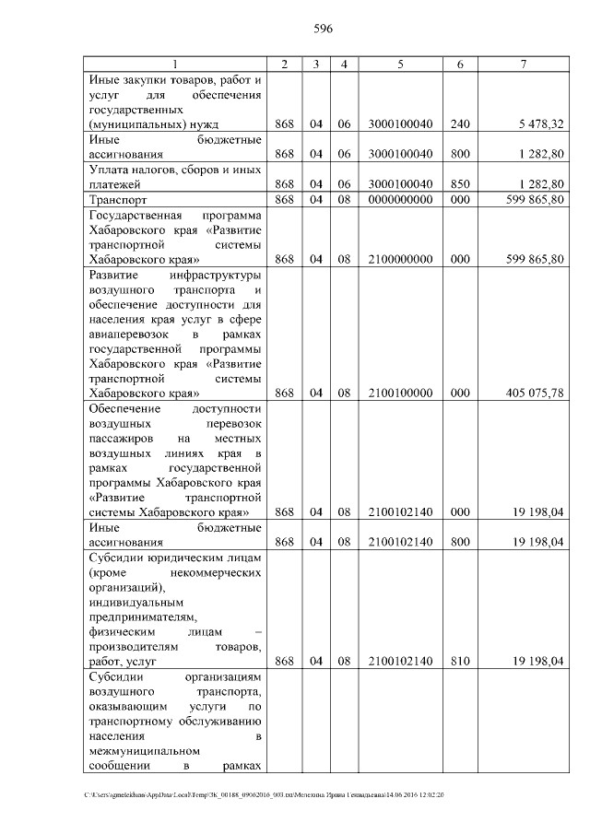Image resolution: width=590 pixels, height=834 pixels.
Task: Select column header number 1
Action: [175, 64]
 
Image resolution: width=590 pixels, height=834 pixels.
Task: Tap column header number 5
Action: [400, 64]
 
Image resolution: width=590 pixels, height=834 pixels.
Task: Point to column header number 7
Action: [524, 64]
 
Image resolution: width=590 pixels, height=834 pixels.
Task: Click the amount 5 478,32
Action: [541, 123]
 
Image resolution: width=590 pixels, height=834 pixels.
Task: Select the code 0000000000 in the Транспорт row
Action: [400, 199]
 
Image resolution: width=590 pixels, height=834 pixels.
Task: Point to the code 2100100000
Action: [400, 394]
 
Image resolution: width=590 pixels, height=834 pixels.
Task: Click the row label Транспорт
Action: [118, 199]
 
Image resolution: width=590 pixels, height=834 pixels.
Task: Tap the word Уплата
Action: [110, 170]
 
